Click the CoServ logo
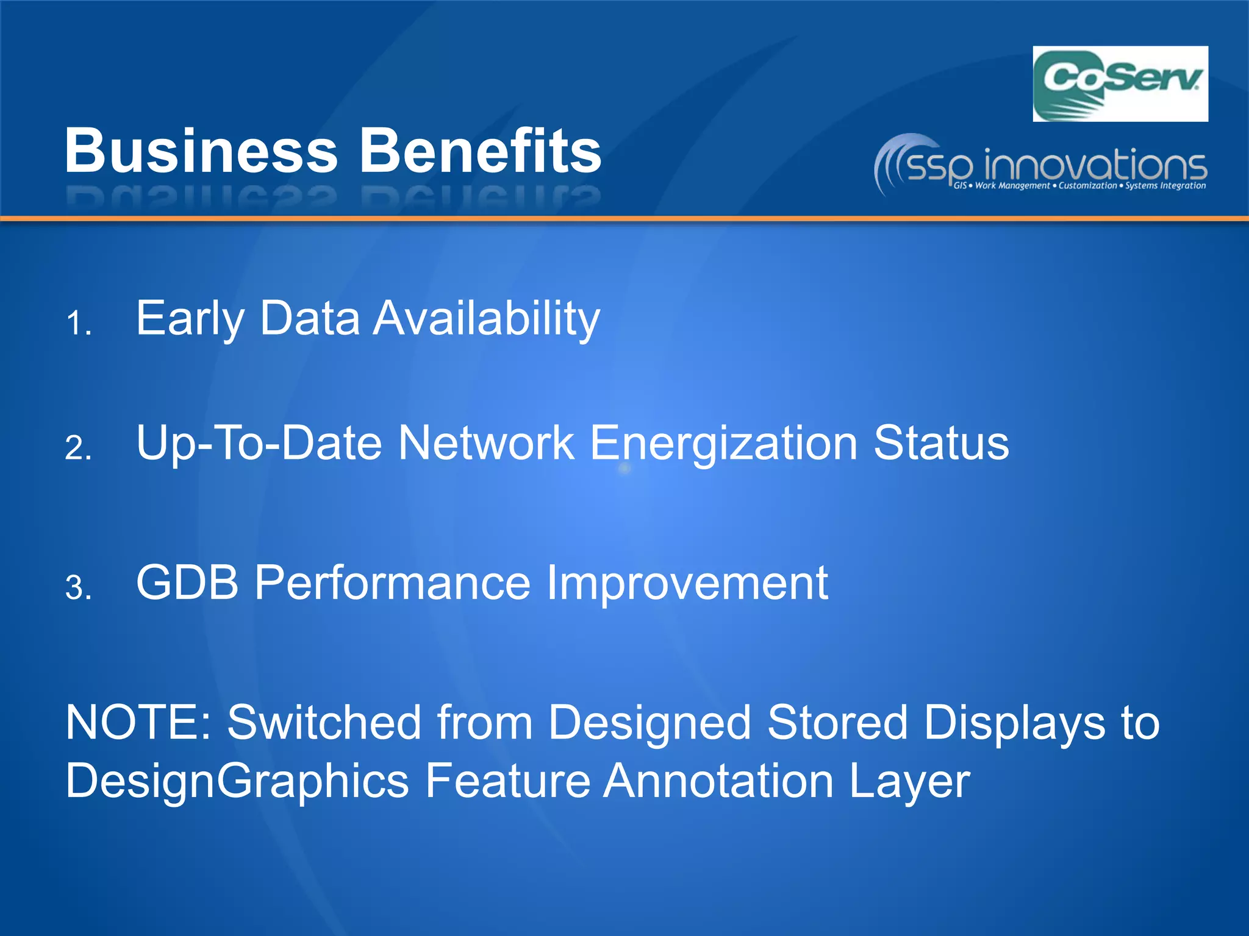[x=1120, y=83]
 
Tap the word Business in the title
[x=201, y=151]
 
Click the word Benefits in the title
[x=481, y=151]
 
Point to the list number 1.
[x=79, y=322]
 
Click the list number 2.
[x=79, y=448]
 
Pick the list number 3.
[x=79, y=588]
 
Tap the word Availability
[x=487, y=319]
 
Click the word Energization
[x=724, y=444]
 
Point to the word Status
[x=941, y=444]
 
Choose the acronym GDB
[x=187, y=583]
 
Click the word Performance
[x=393, y=583]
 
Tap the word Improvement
[x=687, y=583]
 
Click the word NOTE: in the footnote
[x=138, y=723]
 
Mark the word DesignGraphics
[x=237, y=781]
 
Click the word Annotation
[x=718, y=781]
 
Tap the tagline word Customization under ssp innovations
[x=1087, y=185]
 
